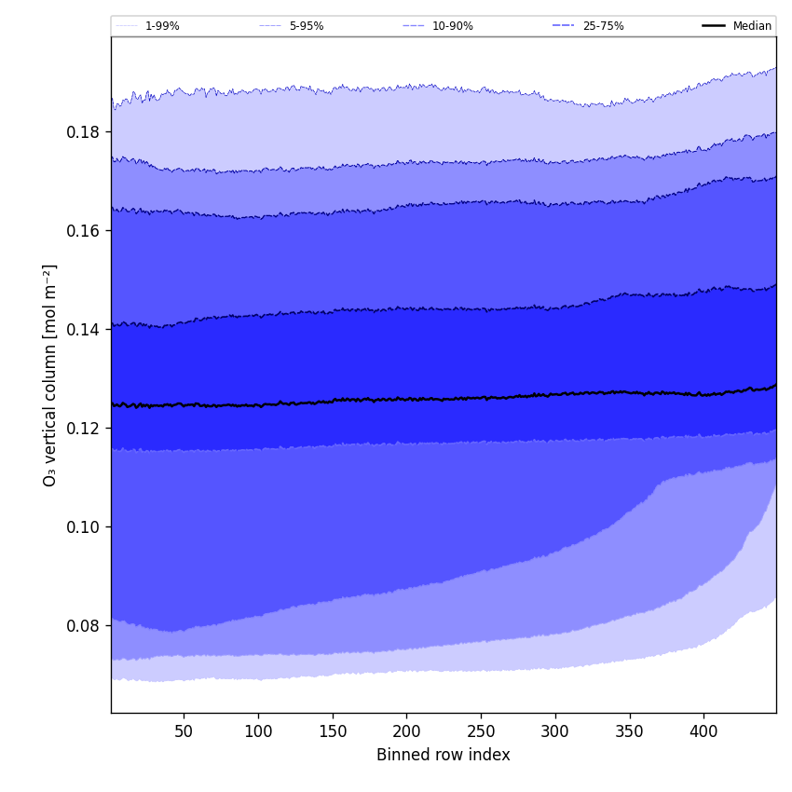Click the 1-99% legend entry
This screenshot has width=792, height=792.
click(161, 26)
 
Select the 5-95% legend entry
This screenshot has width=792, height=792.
click(306, 26)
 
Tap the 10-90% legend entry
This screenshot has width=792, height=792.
click(452, 26)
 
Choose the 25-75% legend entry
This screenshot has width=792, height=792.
click(603, 26)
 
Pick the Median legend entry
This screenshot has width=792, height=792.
click(752, 26)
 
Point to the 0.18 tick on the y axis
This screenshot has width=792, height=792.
click(83, 132)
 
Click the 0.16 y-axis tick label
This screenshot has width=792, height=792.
click(83, 231)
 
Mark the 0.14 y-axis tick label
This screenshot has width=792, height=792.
click(83, 330)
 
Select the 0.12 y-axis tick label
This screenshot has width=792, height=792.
click(83, 429)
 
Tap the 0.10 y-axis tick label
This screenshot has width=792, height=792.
click(83, 527)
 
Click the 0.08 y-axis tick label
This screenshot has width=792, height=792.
click(83, 626)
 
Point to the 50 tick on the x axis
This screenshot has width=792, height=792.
click(184, 731)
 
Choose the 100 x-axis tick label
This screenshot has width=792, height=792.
click(258, 731)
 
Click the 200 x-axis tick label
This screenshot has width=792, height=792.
click(406, 731)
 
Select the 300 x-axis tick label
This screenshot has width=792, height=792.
click(555, 731)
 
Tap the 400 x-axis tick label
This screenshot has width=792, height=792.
click(703, 731)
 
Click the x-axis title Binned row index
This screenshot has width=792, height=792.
click(444, 756)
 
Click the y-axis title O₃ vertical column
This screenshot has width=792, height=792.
click(50, 375)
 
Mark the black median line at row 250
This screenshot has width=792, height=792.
click(481, 398)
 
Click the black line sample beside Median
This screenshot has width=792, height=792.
click(715, 26)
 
